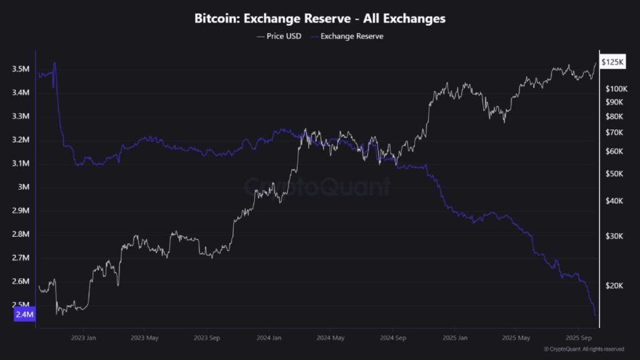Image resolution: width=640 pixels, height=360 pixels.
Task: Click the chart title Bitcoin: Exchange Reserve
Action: [x=320, y=19]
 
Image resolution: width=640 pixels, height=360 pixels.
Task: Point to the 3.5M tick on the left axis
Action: [x=21, y=69]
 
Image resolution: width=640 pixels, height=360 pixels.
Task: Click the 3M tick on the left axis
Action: [x=23, y=187]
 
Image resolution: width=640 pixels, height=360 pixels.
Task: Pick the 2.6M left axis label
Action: [x=21, y=281]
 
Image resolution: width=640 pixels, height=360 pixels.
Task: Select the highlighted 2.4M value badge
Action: [x=24, y=315]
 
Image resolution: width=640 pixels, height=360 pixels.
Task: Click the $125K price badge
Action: [x=612, y=62]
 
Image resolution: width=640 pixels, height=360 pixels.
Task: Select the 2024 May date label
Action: [x=331, y=338]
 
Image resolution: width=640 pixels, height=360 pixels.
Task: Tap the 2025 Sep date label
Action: [x=579, y=338]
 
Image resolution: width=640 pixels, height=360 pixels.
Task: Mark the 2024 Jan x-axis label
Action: [x=269, y=338]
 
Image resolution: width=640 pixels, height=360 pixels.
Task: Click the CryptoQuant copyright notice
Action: [x=583, y=349]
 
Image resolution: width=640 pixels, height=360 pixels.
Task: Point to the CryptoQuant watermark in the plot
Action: [x=317, y=186]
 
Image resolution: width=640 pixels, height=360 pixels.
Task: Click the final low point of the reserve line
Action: [x=595, y=316]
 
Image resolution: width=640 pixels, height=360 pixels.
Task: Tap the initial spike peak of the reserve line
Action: [x=55, y=62]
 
